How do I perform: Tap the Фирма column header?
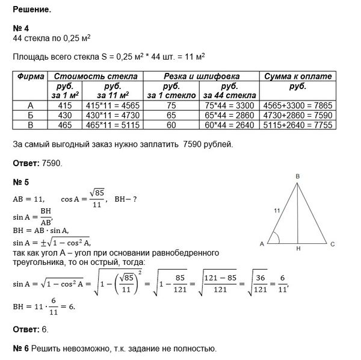point(29,76)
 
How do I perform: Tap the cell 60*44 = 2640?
point(228,125)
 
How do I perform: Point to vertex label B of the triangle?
point(297,176)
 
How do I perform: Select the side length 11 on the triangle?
point(277,210)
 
